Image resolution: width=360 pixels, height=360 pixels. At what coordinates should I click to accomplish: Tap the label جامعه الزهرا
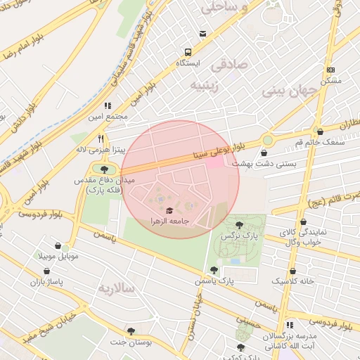click(170, 221)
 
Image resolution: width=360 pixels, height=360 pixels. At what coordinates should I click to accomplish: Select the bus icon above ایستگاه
click(188, 52)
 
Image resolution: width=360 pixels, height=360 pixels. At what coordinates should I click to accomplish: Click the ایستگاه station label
click(188, 63)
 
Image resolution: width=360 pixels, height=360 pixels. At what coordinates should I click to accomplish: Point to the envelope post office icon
click(203, 33)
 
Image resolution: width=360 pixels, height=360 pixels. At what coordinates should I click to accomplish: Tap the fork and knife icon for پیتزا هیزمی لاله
click(102, 139)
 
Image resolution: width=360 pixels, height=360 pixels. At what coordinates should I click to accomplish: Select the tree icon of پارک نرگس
click(240, 225)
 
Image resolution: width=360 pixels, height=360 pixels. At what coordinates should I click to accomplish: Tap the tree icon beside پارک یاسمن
click(214, 270)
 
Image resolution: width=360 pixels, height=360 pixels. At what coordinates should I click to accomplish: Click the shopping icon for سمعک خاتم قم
click(321, 131)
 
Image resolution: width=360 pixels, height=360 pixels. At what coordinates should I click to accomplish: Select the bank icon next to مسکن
click(330, 70)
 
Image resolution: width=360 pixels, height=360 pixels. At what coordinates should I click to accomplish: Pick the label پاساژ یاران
click(46, 282)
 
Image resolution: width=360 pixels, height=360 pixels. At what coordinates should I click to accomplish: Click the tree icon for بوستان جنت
click(131, 330)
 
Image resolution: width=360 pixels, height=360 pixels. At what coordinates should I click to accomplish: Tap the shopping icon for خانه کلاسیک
click(293, 270)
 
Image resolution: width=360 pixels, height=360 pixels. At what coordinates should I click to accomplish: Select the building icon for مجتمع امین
click(106, 105)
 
